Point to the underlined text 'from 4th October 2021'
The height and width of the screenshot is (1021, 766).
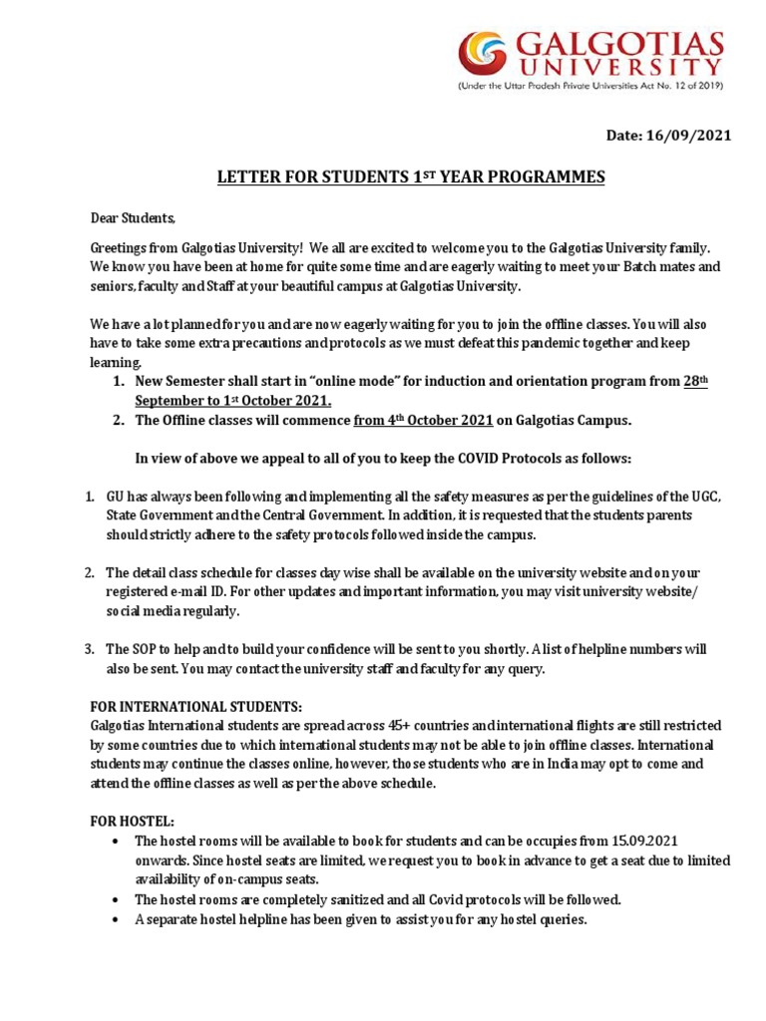coord(423,421)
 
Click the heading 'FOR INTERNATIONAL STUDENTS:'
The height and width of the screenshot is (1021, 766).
coord(195,706)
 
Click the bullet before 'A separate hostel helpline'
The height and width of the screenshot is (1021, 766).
coord(118,919)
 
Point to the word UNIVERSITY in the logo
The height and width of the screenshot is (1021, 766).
coord(624,67)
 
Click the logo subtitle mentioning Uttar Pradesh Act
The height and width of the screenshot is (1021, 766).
coord(589,87)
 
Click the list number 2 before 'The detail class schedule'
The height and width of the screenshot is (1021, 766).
coord(89,572)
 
